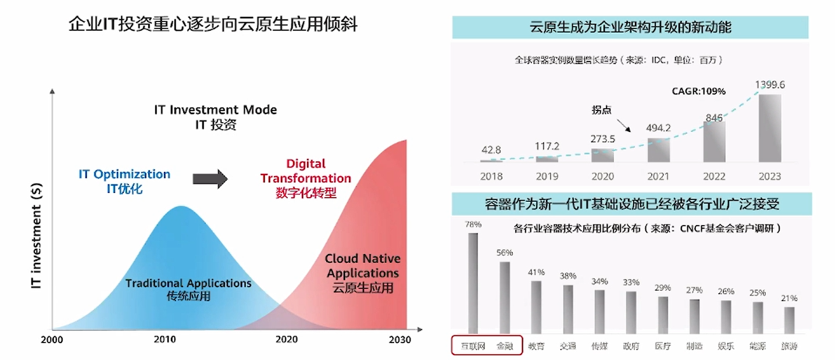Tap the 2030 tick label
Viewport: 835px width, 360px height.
pyautogui.click(x=399, y=340)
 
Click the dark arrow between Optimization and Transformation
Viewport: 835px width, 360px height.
pyautogui.click(x=210, y=179)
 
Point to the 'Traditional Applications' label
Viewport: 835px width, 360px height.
pyautogui.click(x=188, y=283)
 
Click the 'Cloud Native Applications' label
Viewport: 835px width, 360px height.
pyautogui.click(x=363, y=266)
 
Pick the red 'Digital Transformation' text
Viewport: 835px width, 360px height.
pyautogui.click(x=306, y=171)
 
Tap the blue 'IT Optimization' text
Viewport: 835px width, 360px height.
pyautogui.click(x=124, y=174)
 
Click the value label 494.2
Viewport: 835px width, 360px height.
pyautogui.click(x=658, y=128)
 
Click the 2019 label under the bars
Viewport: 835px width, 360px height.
pyautogui.click(x=547, y=176)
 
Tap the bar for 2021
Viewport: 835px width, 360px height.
pyautogui.click(x=658, y=149)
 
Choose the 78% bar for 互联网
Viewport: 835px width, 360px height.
pyautogui.click(x=473, y=282)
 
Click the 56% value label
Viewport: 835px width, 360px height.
pyautogui.click(x=505, y=253)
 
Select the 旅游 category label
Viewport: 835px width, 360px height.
pyautogui.click(x=789, y=346)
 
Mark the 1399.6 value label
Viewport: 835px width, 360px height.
pyautogui.click(x=770, y=85)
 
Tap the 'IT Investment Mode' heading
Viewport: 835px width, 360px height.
pyautogui.click(x=216, y=110)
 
